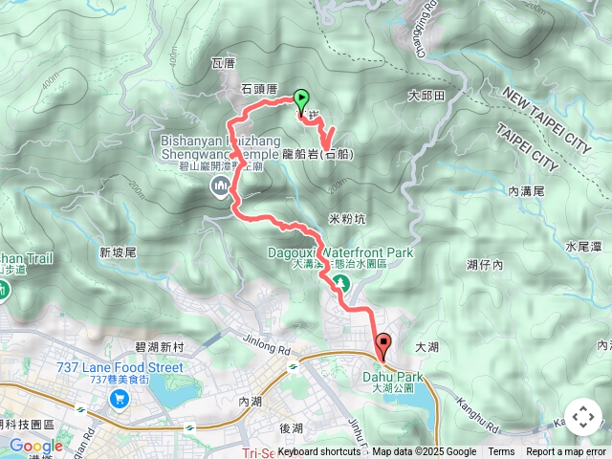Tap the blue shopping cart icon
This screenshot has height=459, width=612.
(x=119, y=397)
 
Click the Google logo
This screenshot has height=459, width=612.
(x=35, y=446)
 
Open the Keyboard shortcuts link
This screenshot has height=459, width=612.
(x=319, y=452)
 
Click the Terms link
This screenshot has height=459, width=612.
(x=501, y=452)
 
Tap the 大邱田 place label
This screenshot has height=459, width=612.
(x=426, y=96)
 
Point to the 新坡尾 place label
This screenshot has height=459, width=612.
(x=119, y=252)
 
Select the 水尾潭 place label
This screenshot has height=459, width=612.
(x=582, y=246)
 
